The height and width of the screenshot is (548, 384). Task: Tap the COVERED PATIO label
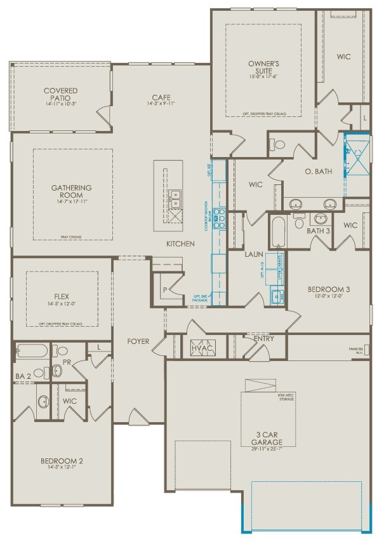[61, 95]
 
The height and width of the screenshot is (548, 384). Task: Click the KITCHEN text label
[181, 244]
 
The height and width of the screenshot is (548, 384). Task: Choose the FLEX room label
[62, 296]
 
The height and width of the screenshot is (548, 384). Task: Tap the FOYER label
[138, 341]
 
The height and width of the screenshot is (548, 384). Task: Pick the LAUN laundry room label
[255, 254]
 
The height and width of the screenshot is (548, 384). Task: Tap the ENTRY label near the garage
[263, 339]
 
